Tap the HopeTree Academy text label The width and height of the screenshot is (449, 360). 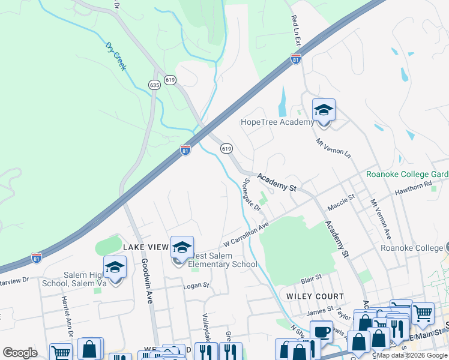click(277, 122)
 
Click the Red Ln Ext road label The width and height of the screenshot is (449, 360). click(296, 31)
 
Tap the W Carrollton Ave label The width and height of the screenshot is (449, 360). click(244, 236)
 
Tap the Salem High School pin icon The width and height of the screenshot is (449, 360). click(115, 268)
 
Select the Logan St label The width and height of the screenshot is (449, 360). click(196, 286)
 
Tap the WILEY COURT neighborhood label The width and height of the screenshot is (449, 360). click(315, 296)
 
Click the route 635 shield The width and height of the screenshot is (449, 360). click(155, 85)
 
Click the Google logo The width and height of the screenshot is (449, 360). click(20, 353)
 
